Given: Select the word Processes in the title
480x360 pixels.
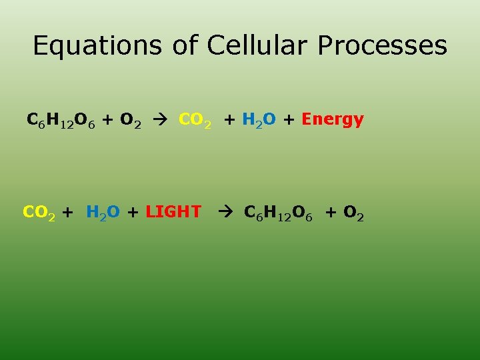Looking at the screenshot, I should tap(383, 46).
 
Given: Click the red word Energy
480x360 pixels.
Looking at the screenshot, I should tap(333, 121).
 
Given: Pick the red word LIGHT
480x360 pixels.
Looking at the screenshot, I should tap(173, 213).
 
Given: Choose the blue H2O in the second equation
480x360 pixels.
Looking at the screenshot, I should tap(103, 213).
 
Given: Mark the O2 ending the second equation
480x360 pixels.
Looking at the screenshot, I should tap(353, 213).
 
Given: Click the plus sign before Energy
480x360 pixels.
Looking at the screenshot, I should tap(291, 121).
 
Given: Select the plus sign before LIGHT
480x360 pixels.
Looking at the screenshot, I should tap(133, 213).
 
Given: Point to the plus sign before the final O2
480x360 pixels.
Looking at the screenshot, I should tap(331, 213).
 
